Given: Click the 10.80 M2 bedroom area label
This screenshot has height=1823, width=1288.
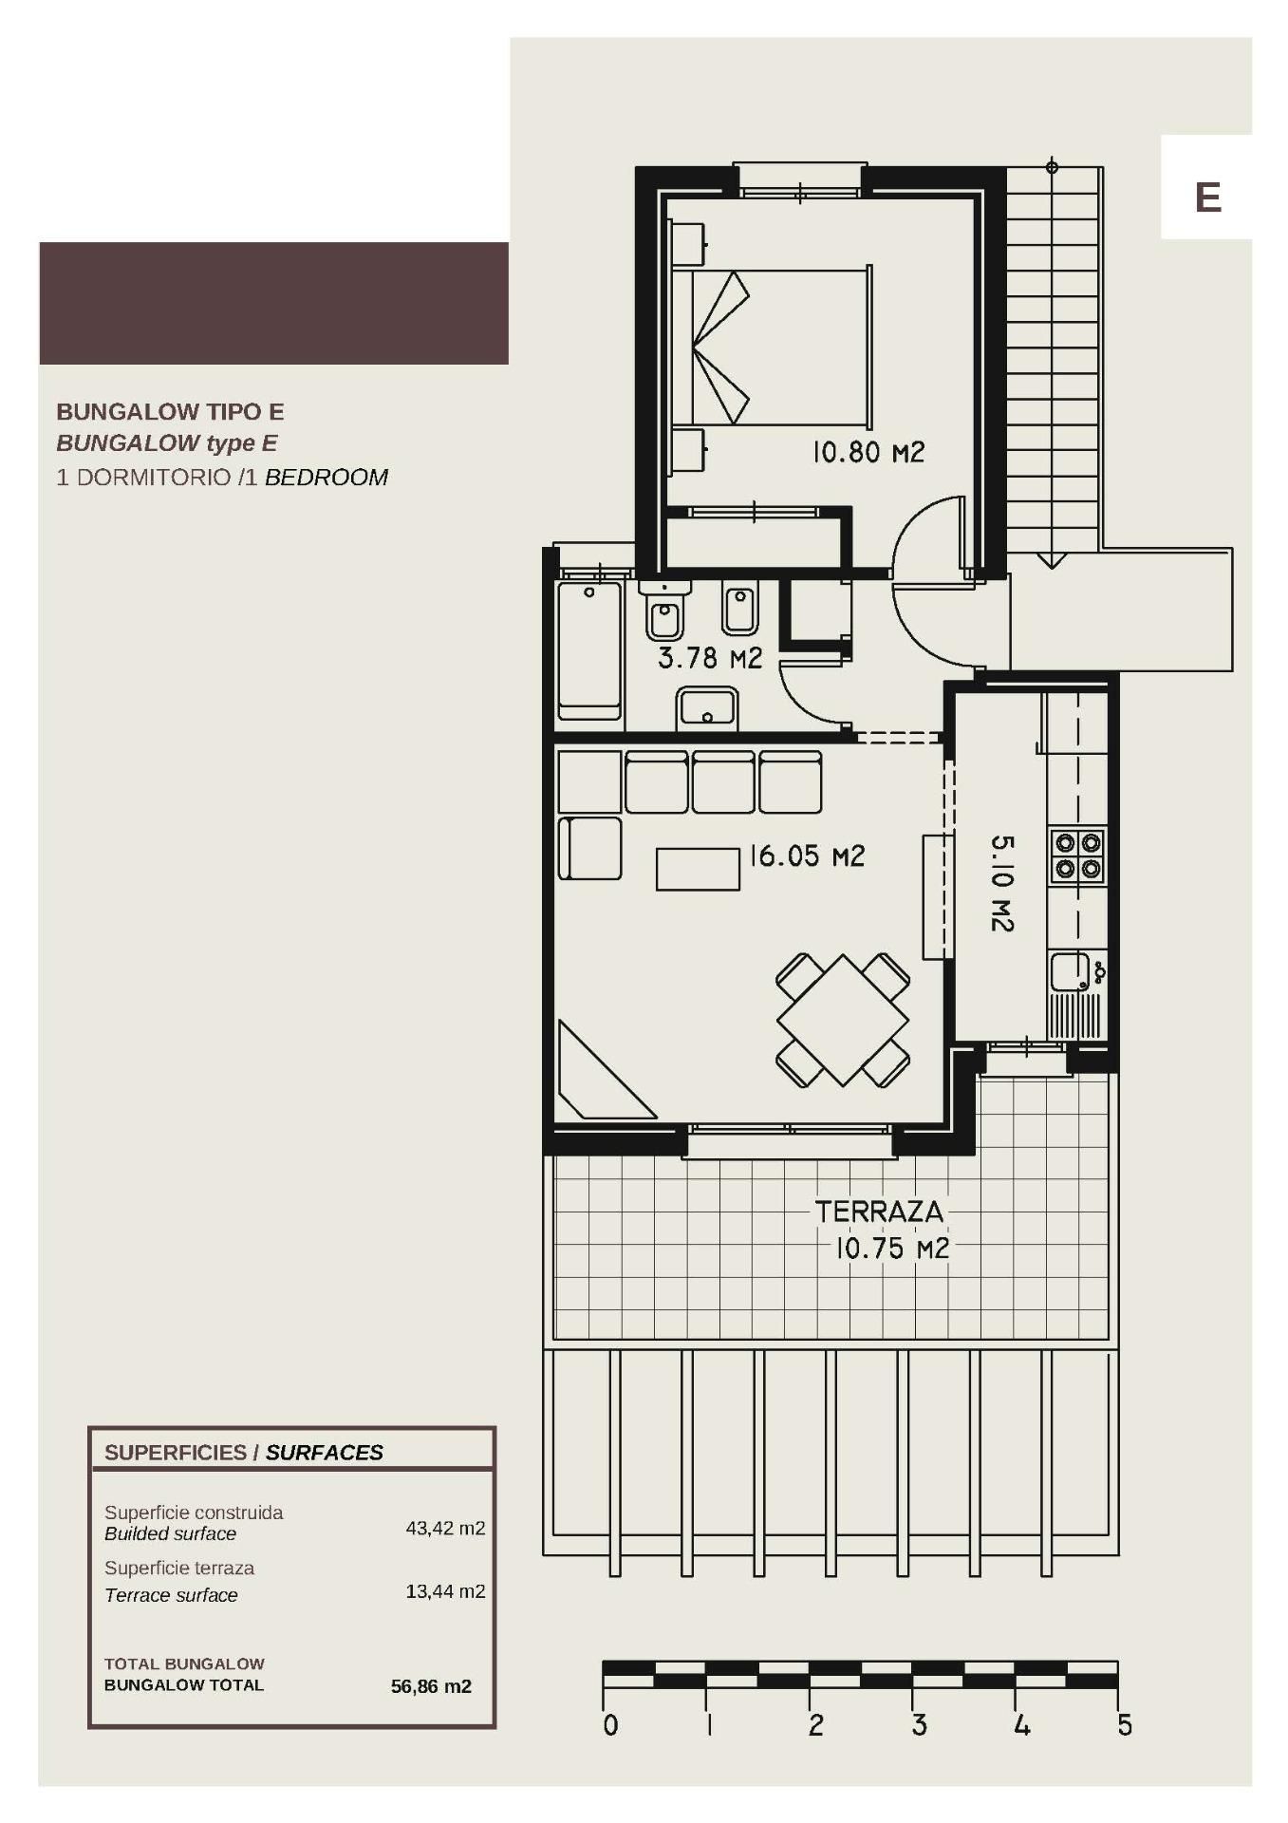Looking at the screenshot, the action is (868, 452).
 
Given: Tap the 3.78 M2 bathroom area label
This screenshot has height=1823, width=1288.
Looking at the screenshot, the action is (710, 657).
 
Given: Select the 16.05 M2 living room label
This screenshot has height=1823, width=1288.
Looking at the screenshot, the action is (807, 856).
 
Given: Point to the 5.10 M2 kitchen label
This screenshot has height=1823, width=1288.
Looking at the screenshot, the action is (1002, 883).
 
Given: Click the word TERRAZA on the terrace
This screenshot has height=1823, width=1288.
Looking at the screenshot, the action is (879, 1212).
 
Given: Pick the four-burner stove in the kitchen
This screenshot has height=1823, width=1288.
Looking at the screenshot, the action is (1077, 855).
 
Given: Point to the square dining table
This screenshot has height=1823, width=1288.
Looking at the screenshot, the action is (843, 1021).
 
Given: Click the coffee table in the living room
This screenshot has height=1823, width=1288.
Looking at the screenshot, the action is (698, 869).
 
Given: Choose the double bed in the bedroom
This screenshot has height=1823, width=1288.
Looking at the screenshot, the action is (772, 346).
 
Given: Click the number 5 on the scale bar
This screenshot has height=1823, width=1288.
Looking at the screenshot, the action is (1125, 1725).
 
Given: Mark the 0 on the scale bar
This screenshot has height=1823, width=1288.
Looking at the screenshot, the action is (610, 1725).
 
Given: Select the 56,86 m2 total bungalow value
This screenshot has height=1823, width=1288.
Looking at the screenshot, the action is (431, 1686).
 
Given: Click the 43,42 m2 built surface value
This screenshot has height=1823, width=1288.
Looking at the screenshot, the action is (445, 1528).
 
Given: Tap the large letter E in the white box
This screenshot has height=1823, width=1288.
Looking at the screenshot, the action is (1207, 197).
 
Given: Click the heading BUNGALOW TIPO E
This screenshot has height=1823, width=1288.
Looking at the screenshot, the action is (170, 412).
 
